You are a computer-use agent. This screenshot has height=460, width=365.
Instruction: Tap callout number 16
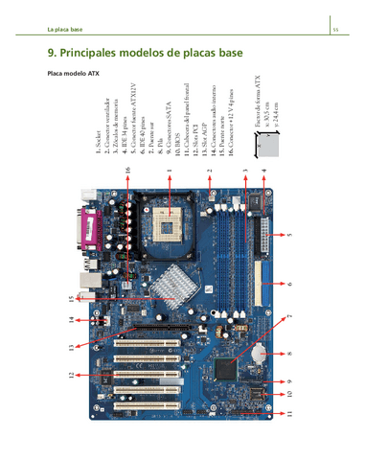pos(127,170)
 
